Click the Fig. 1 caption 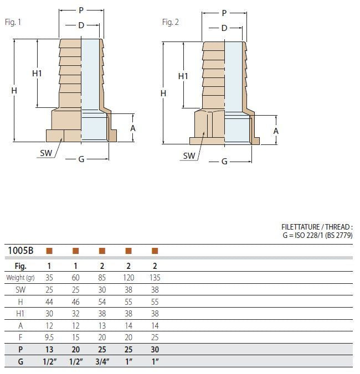point(13,22)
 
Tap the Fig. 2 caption point(170,22)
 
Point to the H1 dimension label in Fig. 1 point(37,74)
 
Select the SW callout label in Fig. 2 point(189,156)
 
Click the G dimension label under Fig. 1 point(81,159)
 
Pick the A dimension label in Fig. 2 point(276,131)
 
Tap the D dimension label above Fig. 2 point(224,28)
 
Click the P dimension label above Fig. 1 point(81,11)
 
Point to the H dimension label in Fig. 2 point(163,94)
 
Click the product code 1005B point(20,251)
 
